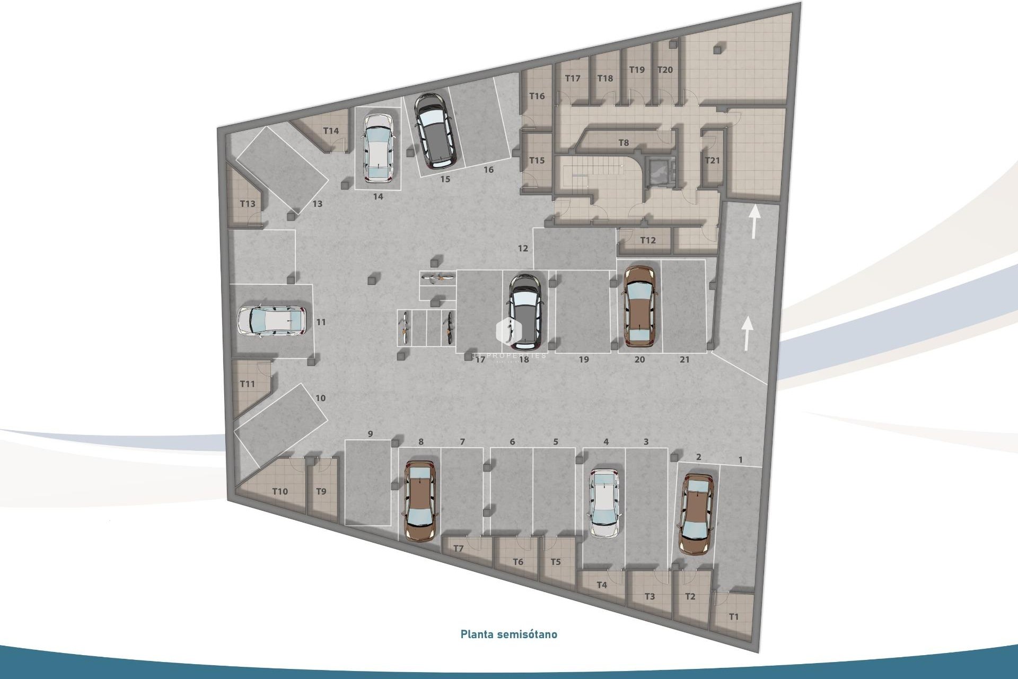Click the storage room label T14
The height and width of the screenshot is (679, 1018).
(x=331, y=131)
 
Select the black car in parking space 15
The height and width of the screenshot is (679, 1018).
(x=433, y=128)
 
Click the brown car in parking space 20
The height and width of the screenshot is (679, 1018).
(x=639, y=307)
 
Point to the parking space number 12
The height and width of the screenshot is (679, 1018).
(x=523, y=248)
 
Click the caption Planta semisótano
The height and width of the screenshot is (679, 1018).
(x=508, y=634)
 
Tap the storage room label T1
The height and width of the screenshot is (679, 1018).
(x=734, y=617)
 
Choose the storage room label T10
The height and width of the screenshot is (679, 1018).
(x=280, y=491)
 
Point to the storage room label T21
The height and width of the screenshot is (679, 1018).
(x=712, y=160)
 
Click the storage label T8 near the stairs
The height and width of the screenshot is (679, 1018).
(x=624, y=143)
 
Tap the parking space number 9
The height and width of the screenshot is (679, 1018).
(x=370, y=434)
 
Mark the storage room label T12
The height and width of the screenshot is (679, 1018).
(x=647, y=240)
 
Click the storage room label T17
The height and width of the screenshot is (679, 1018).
(x=573, y=79)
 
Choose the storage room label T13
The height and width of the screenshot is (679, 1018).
(x=248, y=204)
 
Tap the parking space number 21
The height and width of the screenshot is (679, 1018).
(x=684, y=360)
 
